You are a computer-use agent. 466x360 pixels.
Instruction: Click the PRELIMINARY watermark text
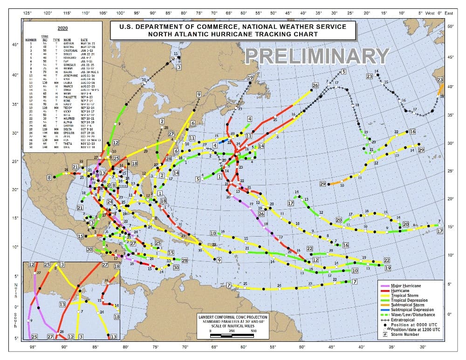point(317,56)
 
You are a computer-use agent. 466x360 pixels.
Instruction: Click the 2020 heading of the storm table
point(62,28)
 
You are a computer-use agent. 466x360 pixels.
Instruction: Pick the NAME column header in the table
point(67,41)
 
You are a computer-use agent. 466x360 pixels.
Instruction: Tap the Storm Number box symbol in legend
point(384,334)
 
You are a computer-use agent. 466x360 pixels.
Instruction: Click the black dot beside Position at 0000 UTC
point(384,325)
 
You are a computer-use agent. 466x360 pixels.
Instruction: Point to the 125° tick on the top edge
point(27,13)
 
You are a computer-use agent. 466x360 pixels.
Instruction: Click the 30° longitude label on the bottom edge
point(422,347)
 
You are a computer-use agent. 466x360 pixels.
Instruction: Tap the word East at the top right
point(449,13)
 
